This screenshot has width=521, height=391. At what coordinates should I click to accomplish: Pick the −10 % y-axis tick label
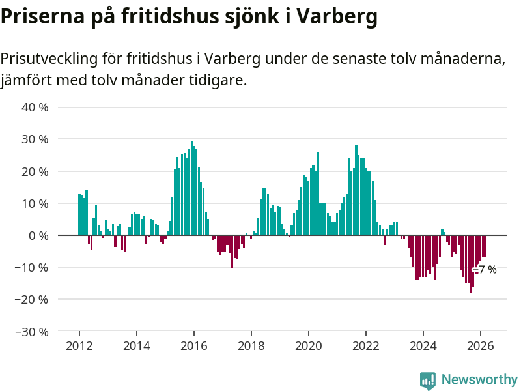tap(33, 267)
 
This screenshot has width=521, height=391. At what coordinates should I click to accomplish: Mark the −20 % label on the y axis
tap(33, 299)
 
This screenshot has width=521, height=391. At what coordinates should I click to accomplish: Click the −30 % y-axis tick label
tap(33, 332)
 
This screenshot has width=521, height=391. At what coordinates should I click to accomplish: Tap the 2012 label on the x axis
tap(79, 346)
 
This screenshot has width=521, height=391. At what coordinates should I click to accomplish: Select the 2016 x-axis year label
tap(194, 346)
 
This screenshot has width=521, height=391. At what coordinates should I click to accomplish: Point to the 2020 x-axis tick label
tap(309, 346)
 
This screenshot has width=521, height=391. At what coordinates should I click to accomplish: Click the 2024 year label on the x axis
tap(423, 346)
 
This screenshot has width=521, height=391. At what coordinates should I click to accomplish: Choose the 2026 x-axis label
tap(481, 346)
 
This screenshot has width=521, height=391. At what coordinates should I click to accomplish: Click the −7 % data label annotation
tap(486, 270)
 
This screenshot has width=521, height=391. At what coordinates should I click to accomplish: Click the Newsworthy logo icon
tap(428, 381)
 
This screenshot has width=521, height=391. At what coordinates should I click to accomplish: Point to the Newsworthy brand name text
tap(479, 380)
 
